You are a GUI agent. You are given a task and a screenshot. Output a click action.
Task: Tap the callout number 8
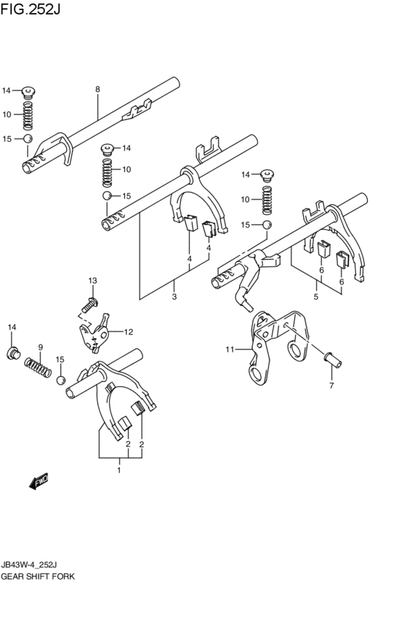[97, 89]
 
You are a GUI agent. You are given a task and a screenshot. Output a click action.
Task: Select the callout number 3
[174, 297]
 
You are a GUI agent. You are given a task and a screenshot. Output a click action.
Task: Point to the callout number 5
[315, 297]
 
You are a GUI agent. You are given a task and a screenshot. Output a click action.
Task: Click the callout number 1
[119, 471]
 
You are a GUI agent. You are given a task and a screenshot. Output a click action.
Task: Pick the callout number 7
[331, 385]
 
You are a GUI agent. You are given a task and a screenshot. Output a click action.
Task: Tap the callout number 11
[229, 350]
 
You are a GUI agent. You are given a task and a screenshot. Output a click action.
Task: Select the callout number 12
[128, 332]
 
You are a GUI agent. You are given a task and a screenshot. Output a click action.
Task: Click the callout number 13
[92, 281]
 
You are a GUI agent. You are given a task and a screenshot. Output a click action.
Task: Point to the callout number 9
[41, 347]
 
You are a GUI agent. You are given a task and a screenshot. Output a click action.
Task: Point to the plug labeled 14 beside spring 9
[12, 354]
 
